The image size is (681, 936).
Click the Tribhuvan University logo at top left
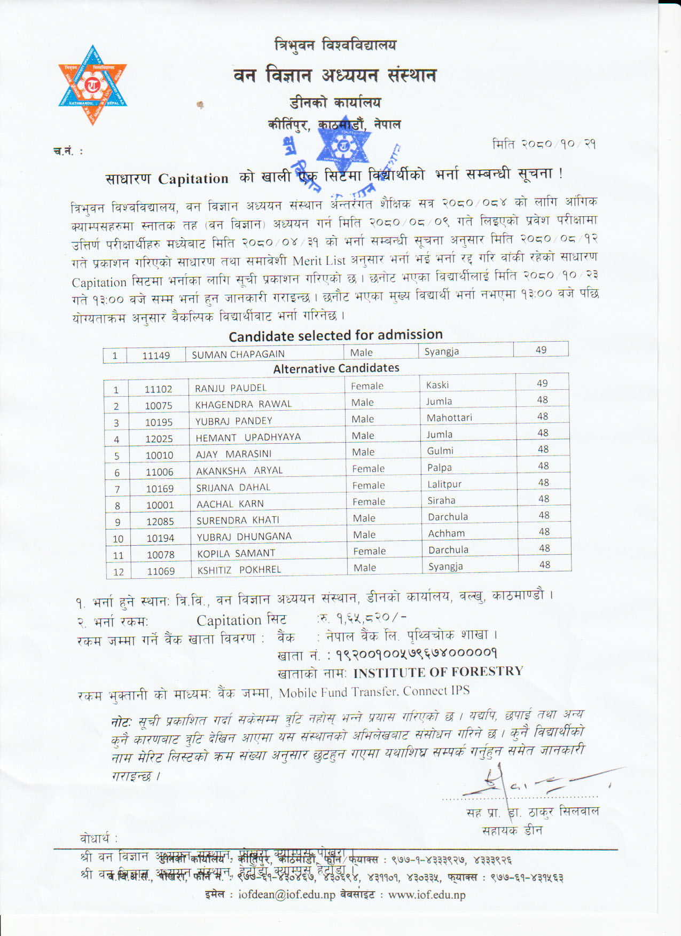click(92, 85)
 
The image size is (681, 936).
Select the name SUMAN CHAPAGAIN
click(238, 354)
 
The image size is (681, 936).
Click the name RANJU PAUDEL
click(230, 388)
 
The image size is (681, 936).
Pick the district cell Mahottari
click(449, 418)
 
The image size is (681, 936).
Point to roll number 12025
click(159, 439)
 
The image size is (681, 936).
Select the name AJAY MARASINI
click(233, 454)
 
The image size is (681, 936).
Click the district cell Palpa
click(440, 468)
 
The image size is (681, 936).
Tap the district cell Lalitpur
click(444, 484)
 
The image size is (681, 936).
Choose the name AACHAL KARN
click(230, 504)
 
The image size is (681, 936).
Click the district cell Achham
click(447, 533)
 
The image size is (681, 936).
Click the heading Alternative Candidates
click(336, 368)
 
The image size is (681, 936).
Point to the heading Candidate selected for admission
click(335, 335)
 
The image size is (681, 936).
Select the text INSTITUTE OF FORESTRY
click(438, 672)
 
